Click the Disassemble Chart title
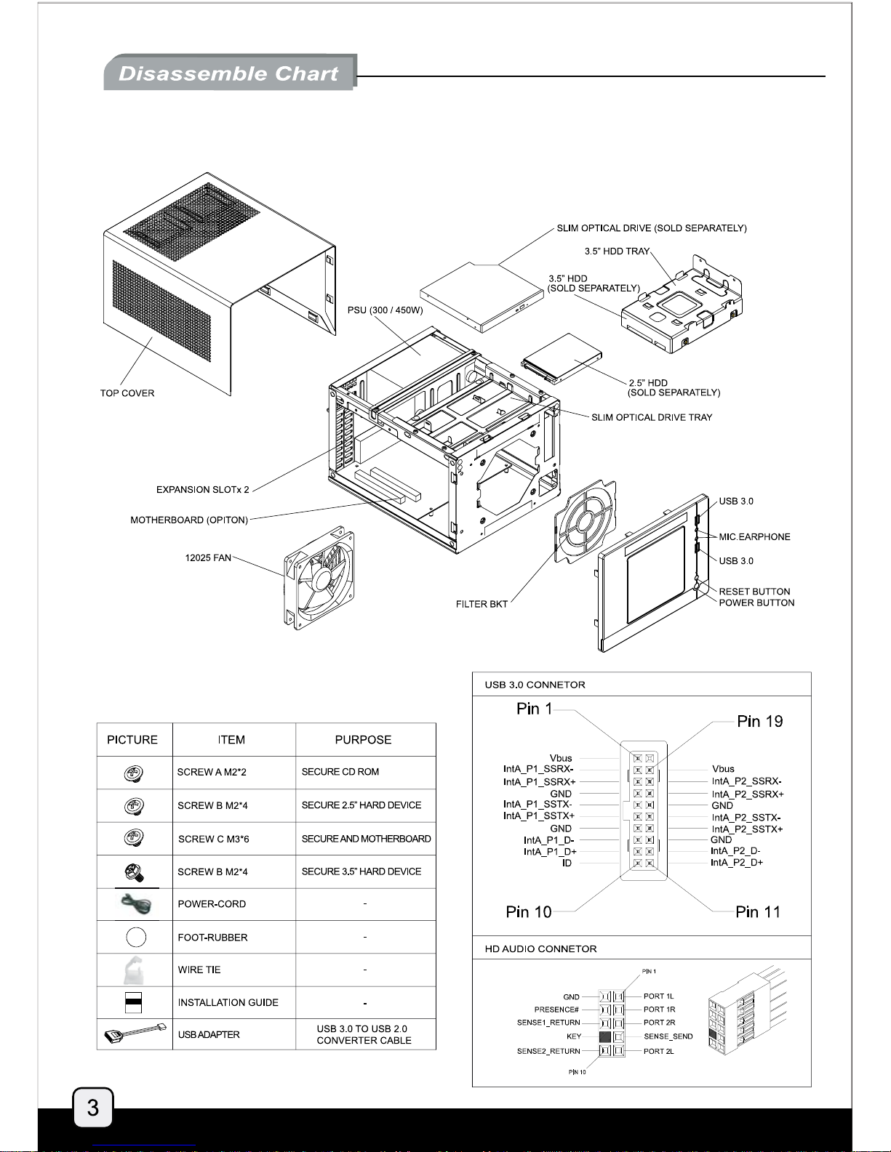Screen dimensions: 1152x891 pyautogui.click(x=228, y=73)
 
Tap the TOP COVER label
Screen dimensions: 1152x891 pyautogui.click(x=127, y=393)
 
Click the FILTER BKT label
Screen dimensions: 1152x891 pyautogui.click(x=482, y=604)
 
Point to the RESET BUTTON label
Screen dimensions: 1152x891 pyautogui.click(x=754, y=592)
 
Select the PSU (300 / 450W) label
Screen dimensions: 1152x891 pyautogui.click(x=385, y=310)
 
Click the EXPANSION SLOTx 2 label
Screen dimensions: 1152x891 pyautogui.click(x=202, y=490)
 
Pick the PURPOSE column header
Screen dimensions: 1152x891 pyautogui.click(x=363, y=740)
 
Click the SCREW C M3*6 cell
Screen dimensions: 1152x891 pyautogui.click(x=214, y=839)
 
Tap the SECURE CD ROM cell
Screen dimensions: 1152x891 pyautogui.click(x=340, y=772)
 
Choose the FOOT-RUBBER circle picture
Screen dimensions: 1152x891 pyautogui.click(x=136, y=937)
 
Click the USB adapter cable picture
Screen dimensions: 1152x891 pyautogui.click(x=135, y=1034)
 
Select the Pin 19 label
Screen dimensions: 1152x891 pyautogui.click(x=759, y=721)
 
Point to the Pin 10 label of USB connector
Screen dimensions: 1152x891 pyautogui.click(x=529, y=911)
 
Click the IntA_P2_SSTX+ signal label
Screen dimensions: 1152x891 pyautogui.click(x=747, y=829)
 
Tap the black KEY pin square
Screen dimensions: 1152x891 pyautogui.click(x=605, y=1036)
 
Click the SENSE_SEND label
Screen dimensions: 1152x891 pyautogui.click(x=668, y=1036)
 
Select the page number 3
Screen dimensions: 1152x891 pyautogui.click(x=92, y=1107)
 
